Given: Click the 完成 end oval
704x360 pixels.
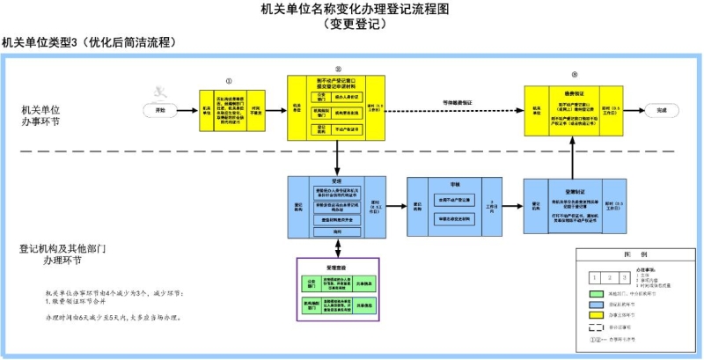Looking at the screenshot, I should pos(662,110).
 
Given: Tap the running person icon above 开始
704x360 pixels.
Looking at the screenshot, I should pos(159,91).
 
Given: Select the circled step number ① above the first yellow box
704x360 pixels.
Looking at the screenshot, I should pos(229,80).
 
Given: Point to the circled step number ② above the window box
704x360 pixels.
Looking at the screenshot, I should pos(337,69).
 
